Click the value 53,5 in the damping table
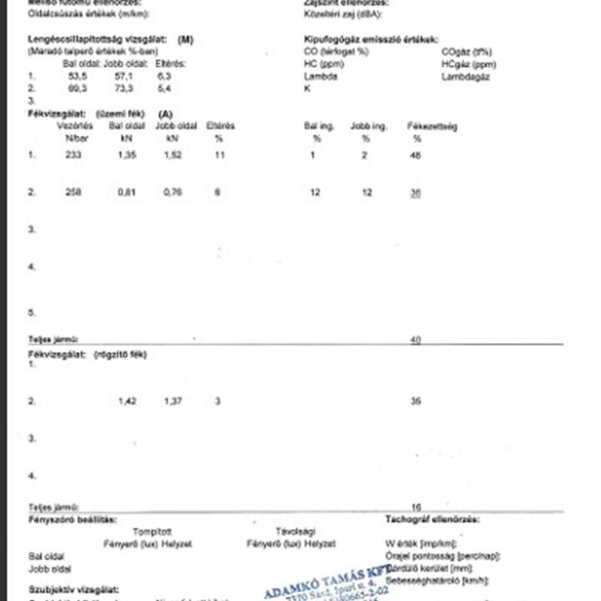pyautogui.click(x=78, y=76)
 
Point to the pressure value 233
pyautogui.click(x=73, y=155)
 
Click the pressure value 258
pyautogui.click(x=73, y=193)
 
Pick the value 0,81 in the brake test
pyautogui.click(x=128, y=193)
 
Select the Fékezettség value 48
pyautogui.click(x=416, y=155)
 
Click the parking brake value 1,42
pyautogui.click(x=128, y=402)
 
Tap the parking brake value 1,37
pyautogui.click(x=173, y=402)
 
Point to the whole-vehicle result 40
pyautogui.click(x=416, y=340)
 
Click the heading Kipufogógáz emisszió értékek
pyautogui.click(x=371, y=39)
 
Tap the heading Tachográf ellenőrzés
pyautogui.click(x=432, y=519)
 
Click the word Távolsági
pyautogui.click(x=295, y=531)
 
